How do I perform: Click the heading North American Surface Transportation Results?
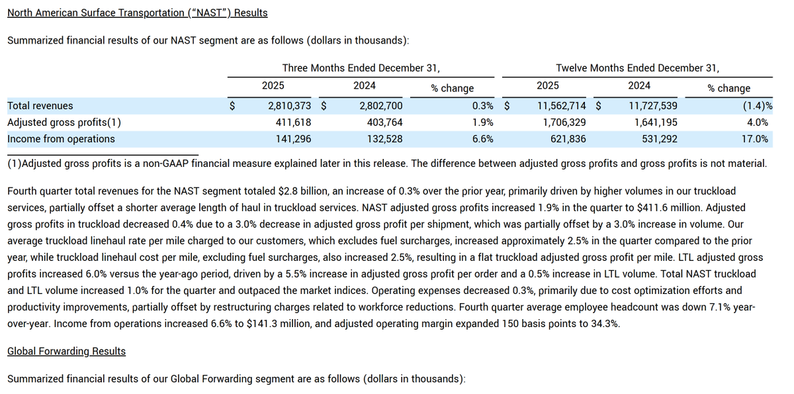tap(137, 13)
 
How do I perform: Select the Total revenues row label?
tap(40, 106)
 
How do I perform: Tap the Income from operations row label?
tap(61, 139)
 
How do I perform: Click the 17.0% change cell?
tap(755, 139)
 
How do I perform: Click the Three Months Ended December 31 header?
tap(361, 68)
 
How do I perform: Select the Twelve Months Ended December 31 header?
tap(637, 68)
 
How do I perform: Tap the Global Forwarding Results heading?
tap(66, 351)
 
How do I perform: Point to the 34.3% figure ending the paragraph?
tap(605, 324)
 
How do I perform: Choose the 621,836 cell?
tap(564, 139)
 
